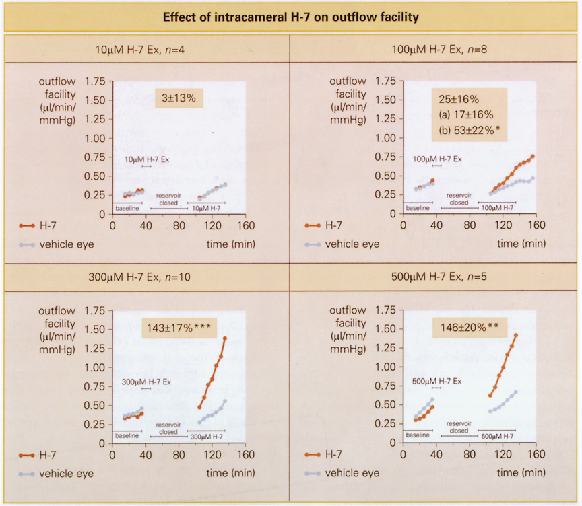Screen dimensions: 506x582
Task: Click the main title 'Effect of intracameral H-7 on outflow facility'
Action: [290, 16]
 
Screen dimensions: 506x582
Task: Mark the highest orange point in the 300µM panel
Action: [225, 338]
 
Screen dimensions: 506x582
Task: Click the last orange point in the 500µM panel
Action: [516, 335]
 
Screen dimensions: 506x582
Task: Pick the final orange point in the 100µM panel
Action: [533, 157]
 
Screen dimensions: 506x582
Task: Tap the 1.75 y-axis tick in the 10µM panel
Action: [96, 81]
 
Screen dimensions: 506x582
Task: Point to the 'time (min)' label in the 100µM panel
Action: [521, 243]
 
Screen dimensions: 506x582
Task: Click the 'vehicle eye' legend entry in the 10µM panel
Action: [66, 244]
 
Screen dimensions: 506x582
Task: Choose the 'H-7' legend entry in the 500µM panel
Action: [333, 456]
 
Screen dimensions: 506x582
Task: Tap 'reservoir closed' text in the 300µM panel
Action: [168, 429]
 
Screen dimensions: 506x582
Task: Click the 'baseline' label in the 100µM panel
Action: [418, 208]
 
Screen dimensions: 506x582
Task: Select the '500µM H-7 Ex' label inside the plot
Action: [437, 381]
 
